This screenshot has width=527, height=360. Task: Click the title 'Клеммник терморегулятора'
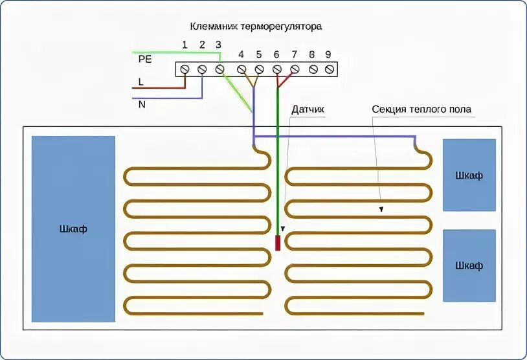(255, 27)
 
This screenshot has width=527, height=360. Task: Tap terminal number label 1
(185, 45)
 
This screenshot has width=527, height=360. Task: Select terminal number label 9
(328, 54)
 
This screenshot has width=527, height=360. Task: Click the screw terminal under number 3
(220, 69)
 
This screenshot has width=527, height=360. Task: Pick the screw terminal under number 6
(276, 69)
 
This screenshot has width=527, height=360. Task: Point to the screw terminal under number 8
(313, 69)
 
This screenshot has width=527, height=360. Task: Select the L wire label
(140, 82)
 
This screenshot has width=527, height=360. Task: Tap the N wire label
(141, 104)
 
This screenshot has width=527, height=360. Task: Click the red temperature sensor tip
(277, 243)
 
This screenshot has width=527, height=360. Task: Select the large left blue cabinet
(73, 229)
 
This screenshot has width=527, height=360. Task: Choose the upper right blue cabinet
(469, 175)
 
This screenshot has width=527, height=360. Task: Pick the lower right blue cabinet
(469, 265)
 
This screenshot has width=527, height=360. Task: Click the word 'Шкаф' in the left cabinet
(73, 229)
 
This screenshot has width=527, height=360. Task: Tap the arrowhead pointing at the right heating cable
(381, 209)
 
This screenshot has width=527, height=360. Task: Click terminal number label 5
(258, 54)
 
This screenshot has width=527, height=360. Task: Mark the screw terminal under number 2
(202, 69)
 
